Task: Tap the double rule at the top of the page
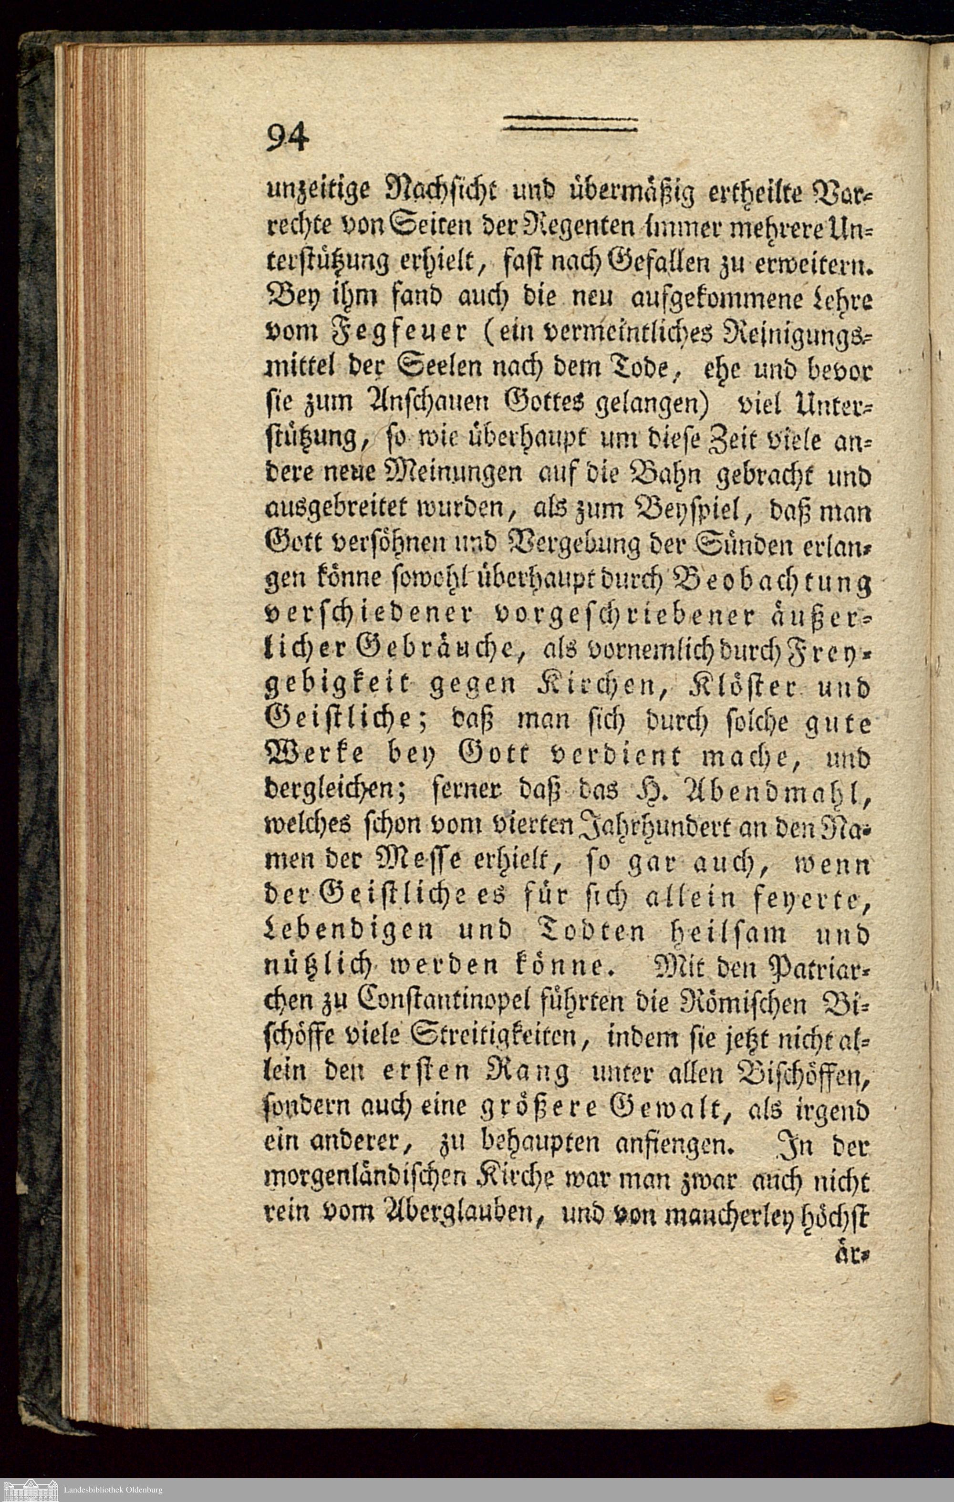pyautogui.click(x=569, y=124)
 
